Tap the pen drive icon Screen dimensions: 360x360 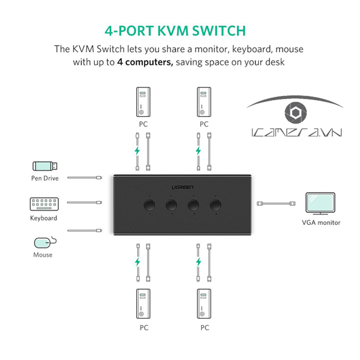(x=44, y=166)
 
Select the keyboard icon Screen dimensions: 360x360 (x=44, y=204)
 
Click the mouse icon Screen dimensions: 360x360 (x=44, y=242)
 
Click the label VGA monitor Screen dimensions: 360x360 (x=321, y=223)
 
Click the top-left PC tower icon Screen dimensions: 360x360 (x=142, y=103)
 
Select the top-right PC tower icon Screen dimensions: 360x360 (x=204, y=103)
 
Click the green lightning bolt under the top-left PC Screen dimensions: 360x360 (x=137, y=151)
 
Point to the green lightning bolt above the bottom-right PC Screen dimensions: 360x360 (x=199, y=262)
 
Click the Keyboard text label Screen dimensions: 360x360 (x=44, y=218)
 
